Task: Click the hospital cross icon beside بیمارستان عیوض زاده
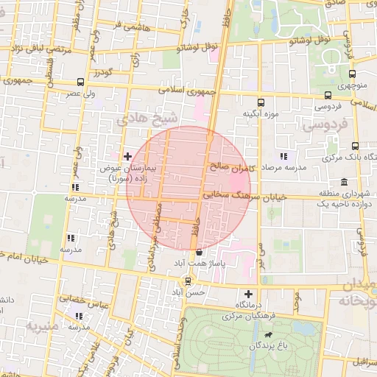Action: pyautogui.click(x=128, y=156)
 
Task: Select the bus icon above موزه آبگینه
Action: pyautogui.click(x=260, y=103)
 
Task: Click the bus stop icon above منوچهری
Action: pyautogui.click(x=352, y=74)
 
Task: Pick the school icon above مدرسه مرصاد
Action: pyautogui.click(x=283, y=156)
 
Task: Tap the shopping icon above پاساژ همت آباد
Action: pyautogui.click(x=199, y=252)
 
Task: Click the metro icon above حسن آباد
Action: pyautogui.click(x=189, y=280)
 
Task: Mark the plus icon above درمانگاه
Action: pyautogui.click(x=248, y=294)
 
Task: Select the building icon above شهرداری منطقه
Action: pyautogui.click(x=345, y=182)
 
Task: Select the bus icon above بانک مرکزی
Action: pyautogui.click(x=356, y=146)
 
